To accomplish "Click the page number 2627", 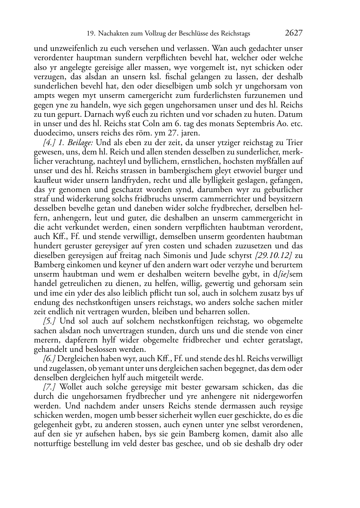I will (294, 33).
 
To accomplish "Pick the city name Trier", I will (294, 143).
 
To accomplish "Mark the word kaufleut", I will (47, 180).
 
